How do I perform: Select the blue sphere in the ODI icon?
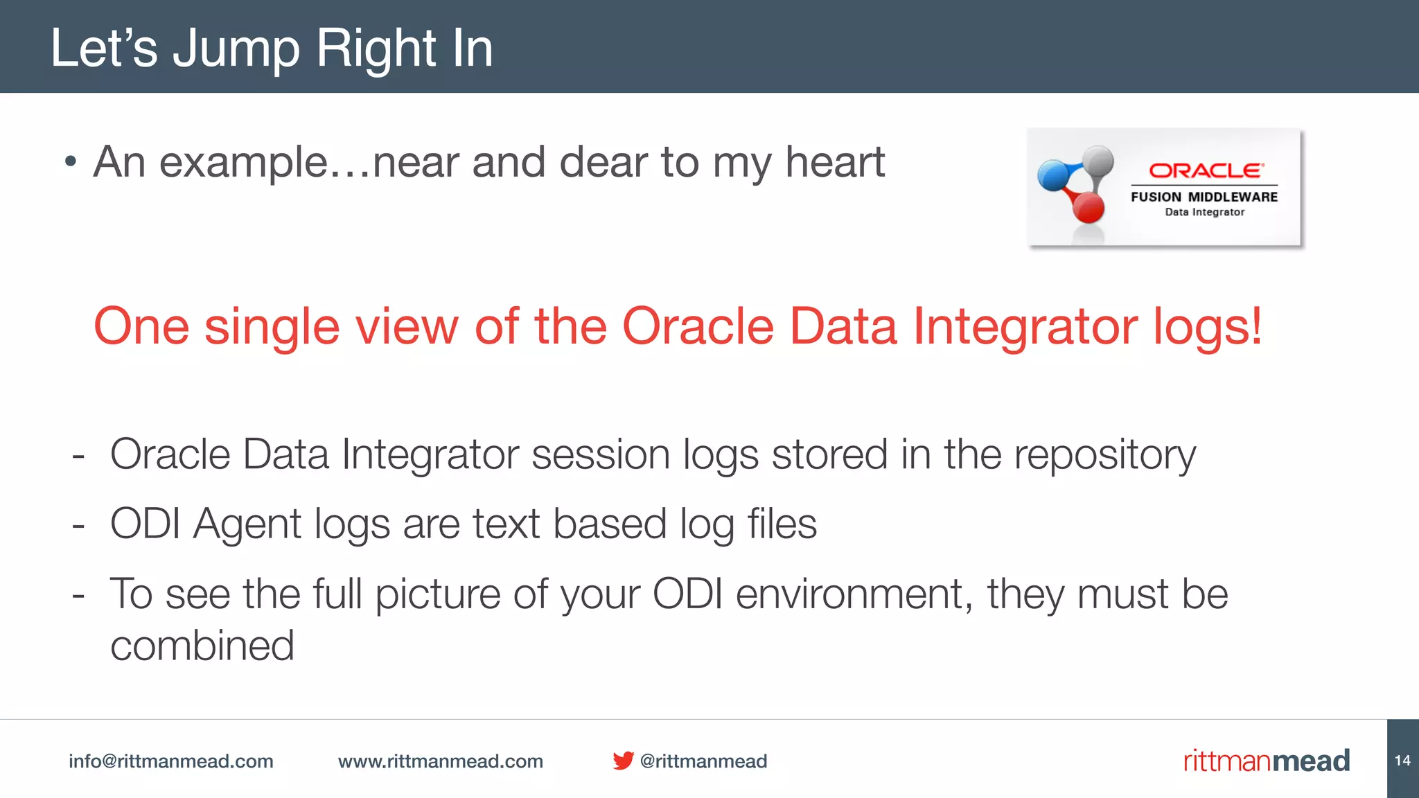(1053, 175)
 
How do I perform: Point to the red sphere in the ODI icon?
(1089, 208)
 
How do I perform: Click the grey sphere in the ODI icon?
(1098, 161)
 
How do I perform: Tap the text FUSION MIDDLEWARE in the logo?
(1204, 197)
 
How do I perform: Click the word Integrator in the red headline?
(1025, 326)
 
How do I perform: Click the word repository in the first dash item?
(1104, 455)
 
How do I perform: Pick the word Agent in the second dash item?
(247, 524)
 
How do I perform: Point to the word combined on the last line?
(202, 646)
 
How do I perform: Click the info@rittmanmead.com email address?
(170, 761)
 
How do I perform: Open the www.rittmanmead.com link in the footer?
(440, 761)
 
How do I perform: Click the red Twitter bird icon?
(622, 761)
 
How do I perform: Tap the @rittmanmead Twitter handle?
(703, 761)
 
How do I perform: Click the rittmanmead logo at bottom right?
(1266, 761)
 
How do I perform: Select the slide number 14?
(1402, 761)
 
